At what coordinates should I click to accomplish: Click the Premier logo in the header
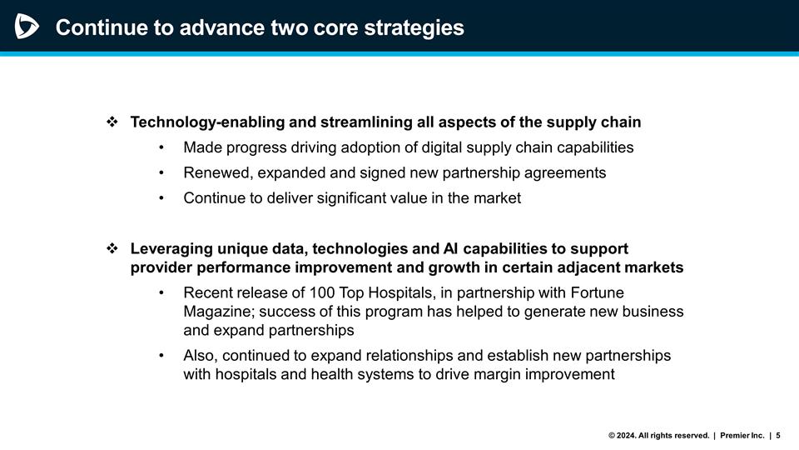(27, 27)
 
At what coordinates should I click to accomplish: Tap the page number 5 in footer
(779, 435)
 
